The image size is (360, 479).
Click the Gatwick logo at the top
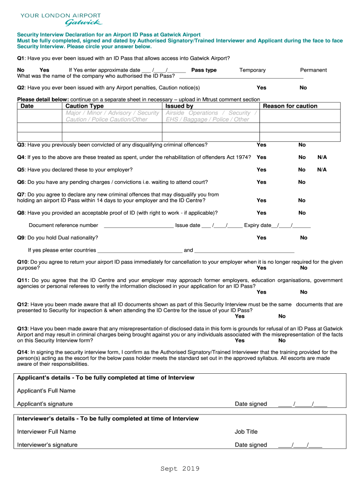point(60,19)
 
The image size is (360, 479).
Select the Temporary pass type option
point(252,70)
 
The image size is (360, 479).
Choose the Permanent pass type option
point(313,70)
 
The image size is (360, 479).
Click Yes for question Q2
point(261,88)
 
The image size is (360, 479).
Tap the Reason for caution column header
point(290,106)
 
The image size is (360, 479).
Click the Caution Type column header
point(85,106)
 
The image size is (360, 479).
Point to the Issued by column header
point(179,106)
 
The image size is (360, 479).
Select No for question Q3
point(302,145)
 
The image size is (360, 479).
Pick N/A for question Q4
point(322,158)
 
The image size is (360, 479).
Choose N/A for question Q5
point(322,170)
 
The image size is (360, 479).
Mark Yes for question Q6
point(261,182)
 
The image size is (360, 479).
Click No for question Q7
point(302,201)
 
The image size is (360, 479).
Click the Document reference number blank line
point(138,225)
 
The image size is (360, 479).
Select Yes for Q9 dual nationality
point(261,238)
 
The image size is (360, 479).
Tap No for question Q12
point(282,317)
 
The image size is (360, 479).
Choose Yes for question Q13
point(239,341)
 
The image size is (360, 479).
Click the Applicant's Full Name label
point(46,391)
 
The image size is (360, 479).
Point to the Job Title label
point(246,432)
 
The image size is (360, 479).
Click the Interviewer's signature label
point(47,445)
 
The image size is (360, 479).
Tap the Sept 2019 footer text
point(180,469)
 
